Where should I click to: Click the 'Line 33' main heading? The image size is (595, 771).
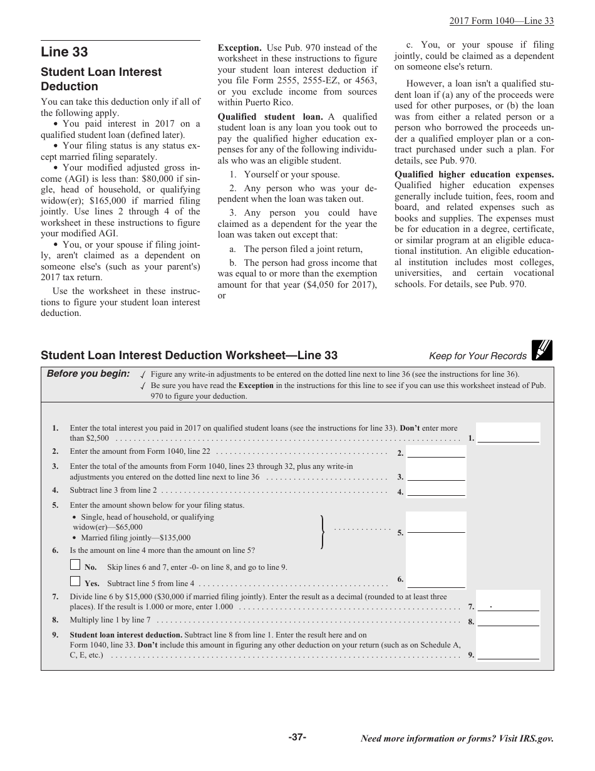[65, 52]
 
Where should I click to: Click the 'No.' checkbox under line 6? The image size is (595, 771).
[75, 565]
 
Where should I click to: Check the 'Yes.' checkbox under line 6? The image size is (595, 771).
[75, 581]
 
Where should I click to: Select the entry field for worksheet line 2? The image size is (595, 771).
[436, 452]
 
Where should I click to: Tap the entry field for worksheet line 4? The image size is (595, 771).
[436, 491]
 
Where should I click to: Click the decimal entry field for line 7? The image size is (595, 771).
[508, 606]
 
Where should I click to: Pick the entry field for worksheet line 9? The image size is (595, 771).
[508, 654]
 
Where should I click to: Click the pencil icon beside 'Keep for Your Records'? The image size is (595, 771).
[542, 350]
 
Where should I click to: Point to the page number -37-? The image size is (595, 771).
[297, 737]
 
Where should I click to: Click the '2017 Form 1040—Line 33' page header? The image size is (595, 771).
[501, 21]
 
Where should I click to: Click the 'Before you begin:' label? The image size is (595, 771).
[88, 374]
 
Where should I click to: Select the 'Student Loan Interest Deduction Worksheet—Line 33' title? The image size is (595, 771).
[189, 355]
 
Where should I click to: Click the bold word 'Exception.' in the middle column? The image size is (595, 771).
[239, 48]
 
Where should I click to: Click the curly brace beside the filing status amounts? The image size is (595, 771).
[322, 532]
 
